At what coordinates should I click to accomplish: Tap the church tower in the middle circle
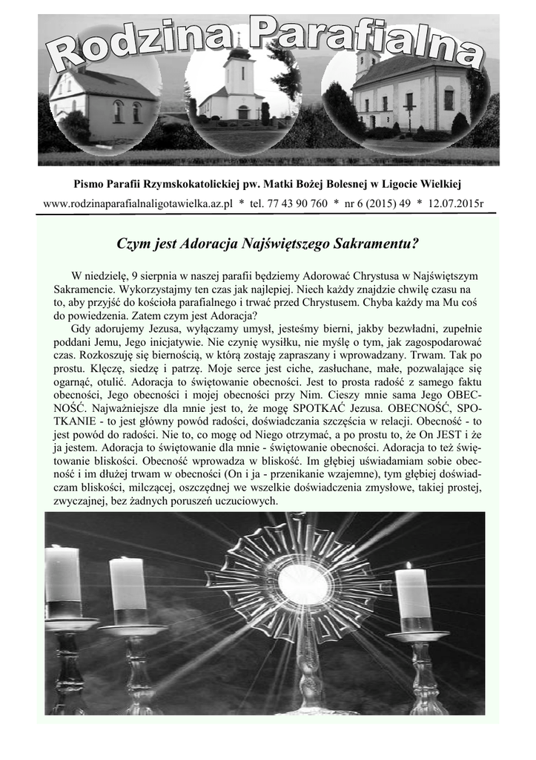click(x=239, y=74)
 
